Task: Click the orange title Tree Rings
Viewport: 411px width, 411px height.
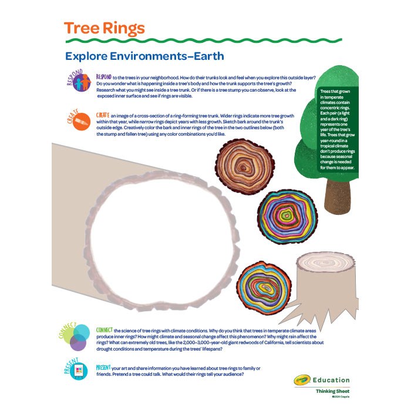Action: coord(104,28)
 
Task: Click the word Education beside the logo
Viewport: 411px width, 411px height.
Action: coord(332,380)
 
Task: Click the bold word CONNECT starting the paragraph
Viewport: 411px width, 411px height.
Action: coord(105,330)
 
